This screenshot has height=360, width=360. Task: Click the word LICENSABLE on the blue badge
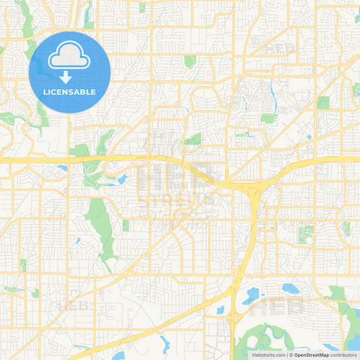70,92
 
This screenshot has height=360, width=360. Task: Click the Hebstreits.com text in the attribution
267,355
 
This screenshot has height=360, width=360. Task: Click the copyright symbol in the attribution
292,355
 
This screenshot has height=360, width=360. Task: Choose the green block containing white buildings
306,234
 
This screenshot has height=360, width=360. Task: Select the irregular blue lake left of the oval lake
251,294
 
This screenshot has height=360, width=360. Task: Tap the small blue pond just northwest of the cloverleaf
220,310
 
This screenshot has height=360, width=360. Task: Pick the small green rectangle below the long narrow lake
269,118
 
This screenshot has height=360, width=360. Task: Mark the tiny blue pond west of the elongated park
78,240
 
